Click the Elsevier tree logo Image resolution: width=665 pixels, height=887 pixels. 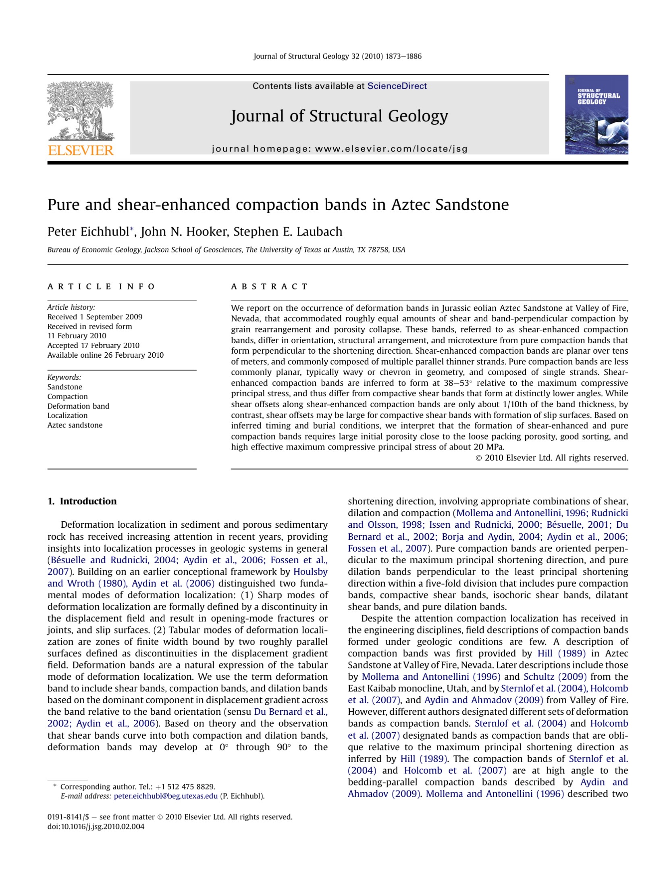[x=81, y=111]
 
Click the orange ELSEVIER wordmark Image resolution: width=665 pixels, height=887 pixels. [x=81, y=150]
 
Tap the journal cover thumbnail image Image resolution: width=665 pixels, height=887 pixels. [x=596, y=115]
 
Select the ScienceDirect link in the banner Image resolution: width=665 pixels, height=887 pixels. [x=397, y=86]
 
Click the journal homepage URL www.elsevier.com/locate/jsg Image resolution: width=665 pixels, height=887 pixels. [x=391, y=149]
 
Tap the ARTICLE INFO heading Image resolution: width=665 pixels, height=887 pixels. [x=101, y=287]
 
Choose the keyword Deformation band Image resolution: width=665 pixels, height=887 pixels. [x=78, y=406]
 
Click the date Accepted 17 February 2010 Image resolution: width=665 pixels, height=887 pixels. [x=94, y=346]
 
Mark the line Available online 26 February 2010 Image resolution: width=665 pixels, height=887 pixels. [x=106, y=355]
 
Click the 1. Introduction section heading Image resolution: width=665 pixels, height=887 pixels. [x=82, y=501]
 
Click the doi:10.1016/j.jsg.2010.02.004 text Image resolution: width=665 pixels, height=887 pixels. [x=96, y=827]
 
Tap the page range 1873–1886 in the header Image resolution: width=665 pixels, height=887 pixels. [x=403, y=56]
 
